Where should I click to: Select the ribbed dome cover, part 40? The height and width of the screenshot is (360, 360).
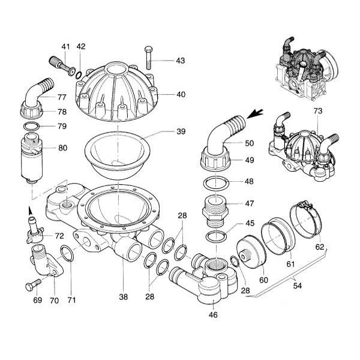pos(117,90)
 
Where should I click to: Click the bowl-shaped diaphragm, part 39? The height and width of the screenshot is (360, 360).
pos(118,153)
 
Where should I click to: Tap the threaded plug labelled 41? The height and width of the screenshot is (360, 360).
pos(58,64)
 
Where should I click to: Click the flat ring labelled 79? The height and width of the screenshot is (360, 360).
pos(32,126)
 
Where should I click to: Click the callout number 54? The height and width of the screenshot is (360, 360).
pos(296,286)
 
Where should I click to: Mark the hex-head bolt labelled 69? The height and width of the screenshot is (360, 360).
pos(28,287)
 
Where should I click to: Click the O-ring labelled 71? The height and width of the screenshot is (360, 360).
pos(68,254)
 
